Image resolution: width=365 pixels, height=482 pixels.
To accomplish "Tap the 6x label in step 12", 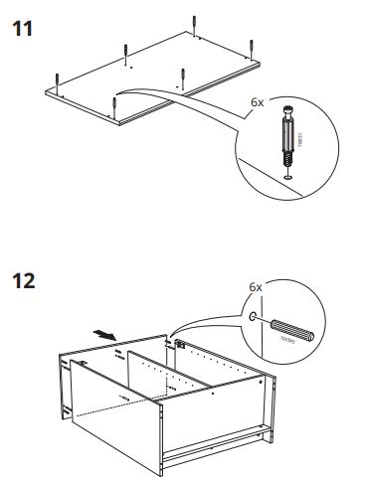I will pyautogui.click(x=255, y=287).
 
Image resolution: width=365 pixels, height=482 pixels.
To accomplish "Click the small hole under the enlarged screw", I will pyautogui.click(x=287, y=178).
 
